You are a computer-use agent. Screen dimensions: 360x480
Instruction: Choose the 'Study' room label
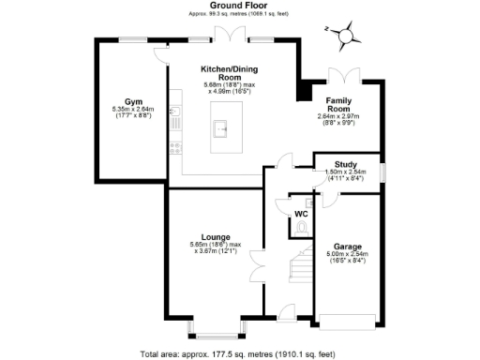coord(346,160)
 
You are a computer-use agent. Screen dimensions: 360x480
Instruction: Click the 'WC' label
coord(301,214)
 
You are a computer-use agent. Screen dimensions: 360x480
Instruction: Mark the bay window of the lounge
coord(217,327)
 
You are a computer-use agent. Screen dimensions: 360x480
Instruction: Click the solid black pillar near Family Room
coord(303,91)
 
